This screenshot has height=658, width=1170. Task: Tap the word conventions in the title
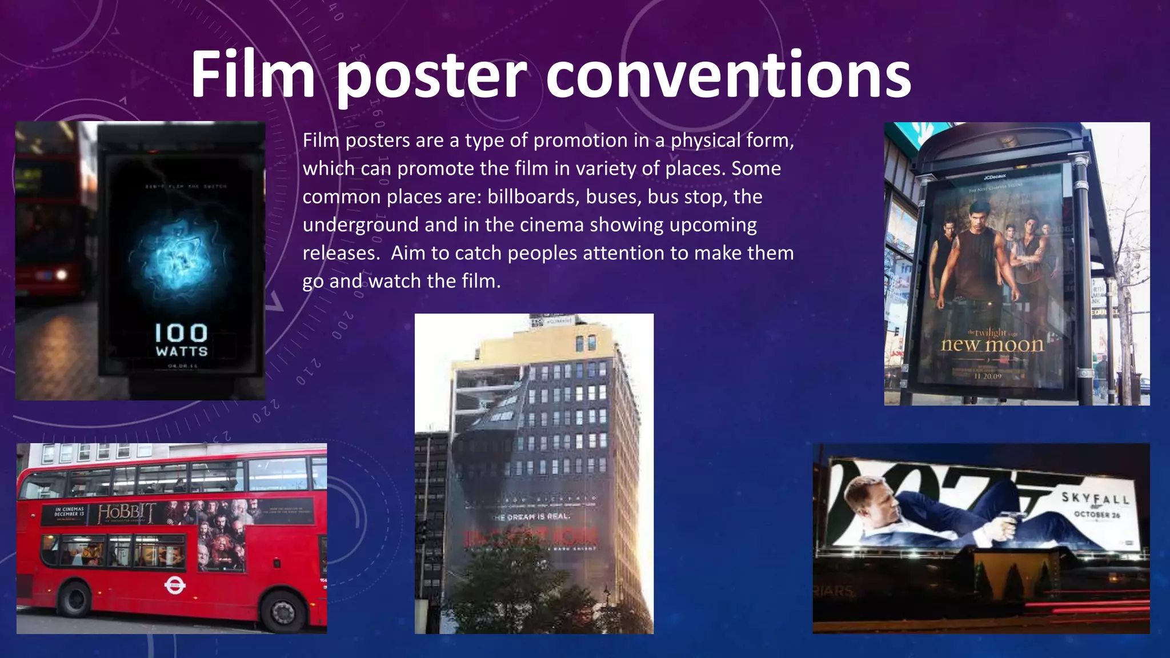728,75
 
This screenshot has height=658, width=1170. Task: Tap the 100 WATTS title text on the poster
181,340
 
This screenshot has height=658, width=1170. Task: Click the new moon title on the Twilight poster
992,344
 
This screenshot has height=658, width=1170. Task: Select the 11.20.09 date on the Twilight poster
988,376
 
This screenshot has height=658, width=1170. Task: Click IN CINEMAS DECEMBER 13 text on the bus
69,511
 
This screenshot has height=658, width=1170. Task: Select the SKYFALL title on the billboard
1095,498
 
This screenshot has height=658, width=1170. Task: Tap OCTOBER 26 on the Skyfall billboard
1097,515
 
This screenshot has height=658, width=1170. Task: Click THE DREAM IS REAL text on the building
531,516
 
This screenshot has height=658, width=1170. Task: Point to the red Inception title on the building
531,537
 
